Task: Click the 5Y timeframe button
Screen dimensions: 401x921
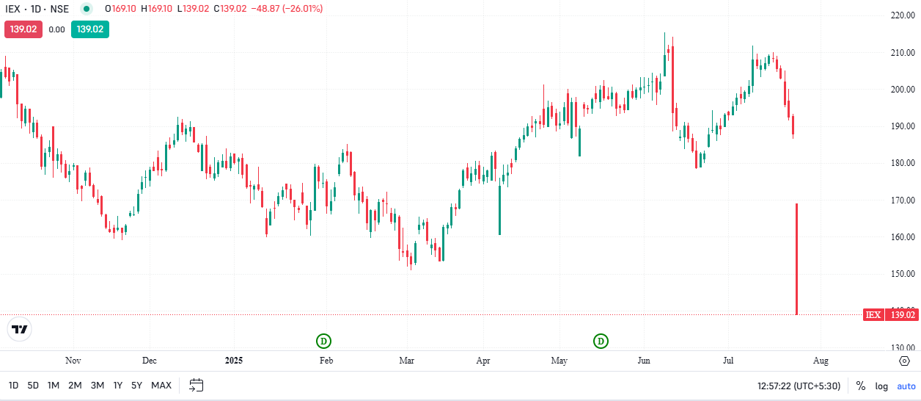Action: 137,386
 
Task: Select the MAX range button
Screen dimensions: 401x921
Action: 161,386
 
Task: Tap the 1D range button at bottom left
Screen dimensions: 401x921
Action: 13,386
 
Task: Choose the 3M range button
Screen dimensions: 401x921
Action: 97,386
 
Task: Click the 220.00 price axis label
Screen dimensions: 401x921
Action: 900,15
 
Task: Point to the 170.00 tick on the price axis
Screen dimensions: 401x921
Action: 900,200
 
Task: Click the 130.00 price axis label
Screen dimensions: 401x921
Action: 900,347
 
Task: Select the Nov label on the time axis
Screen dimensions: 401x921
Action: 73,361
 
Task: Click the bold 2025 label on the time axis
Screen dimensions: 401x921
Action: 234,361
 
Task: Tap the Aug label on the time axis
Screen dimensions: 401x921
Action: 821,361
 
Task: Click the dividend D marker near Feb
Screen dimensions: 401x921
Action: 323,341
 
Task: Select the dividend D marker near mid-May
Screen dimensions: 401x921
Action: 601,341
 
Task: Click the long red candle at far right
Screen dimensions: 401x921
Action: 796,257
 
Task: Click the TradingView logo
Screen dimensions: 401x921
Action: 20,330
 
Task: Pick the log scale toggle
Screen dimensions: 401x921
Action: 881,386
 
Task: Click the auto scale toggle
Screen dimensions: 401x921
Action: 906,386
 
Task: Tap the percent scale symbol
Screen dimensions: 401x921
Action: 861,386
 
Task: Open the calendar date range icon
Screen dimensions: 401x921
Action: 196,385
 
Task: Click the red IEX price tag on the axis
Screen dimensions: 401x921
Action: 891,315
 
